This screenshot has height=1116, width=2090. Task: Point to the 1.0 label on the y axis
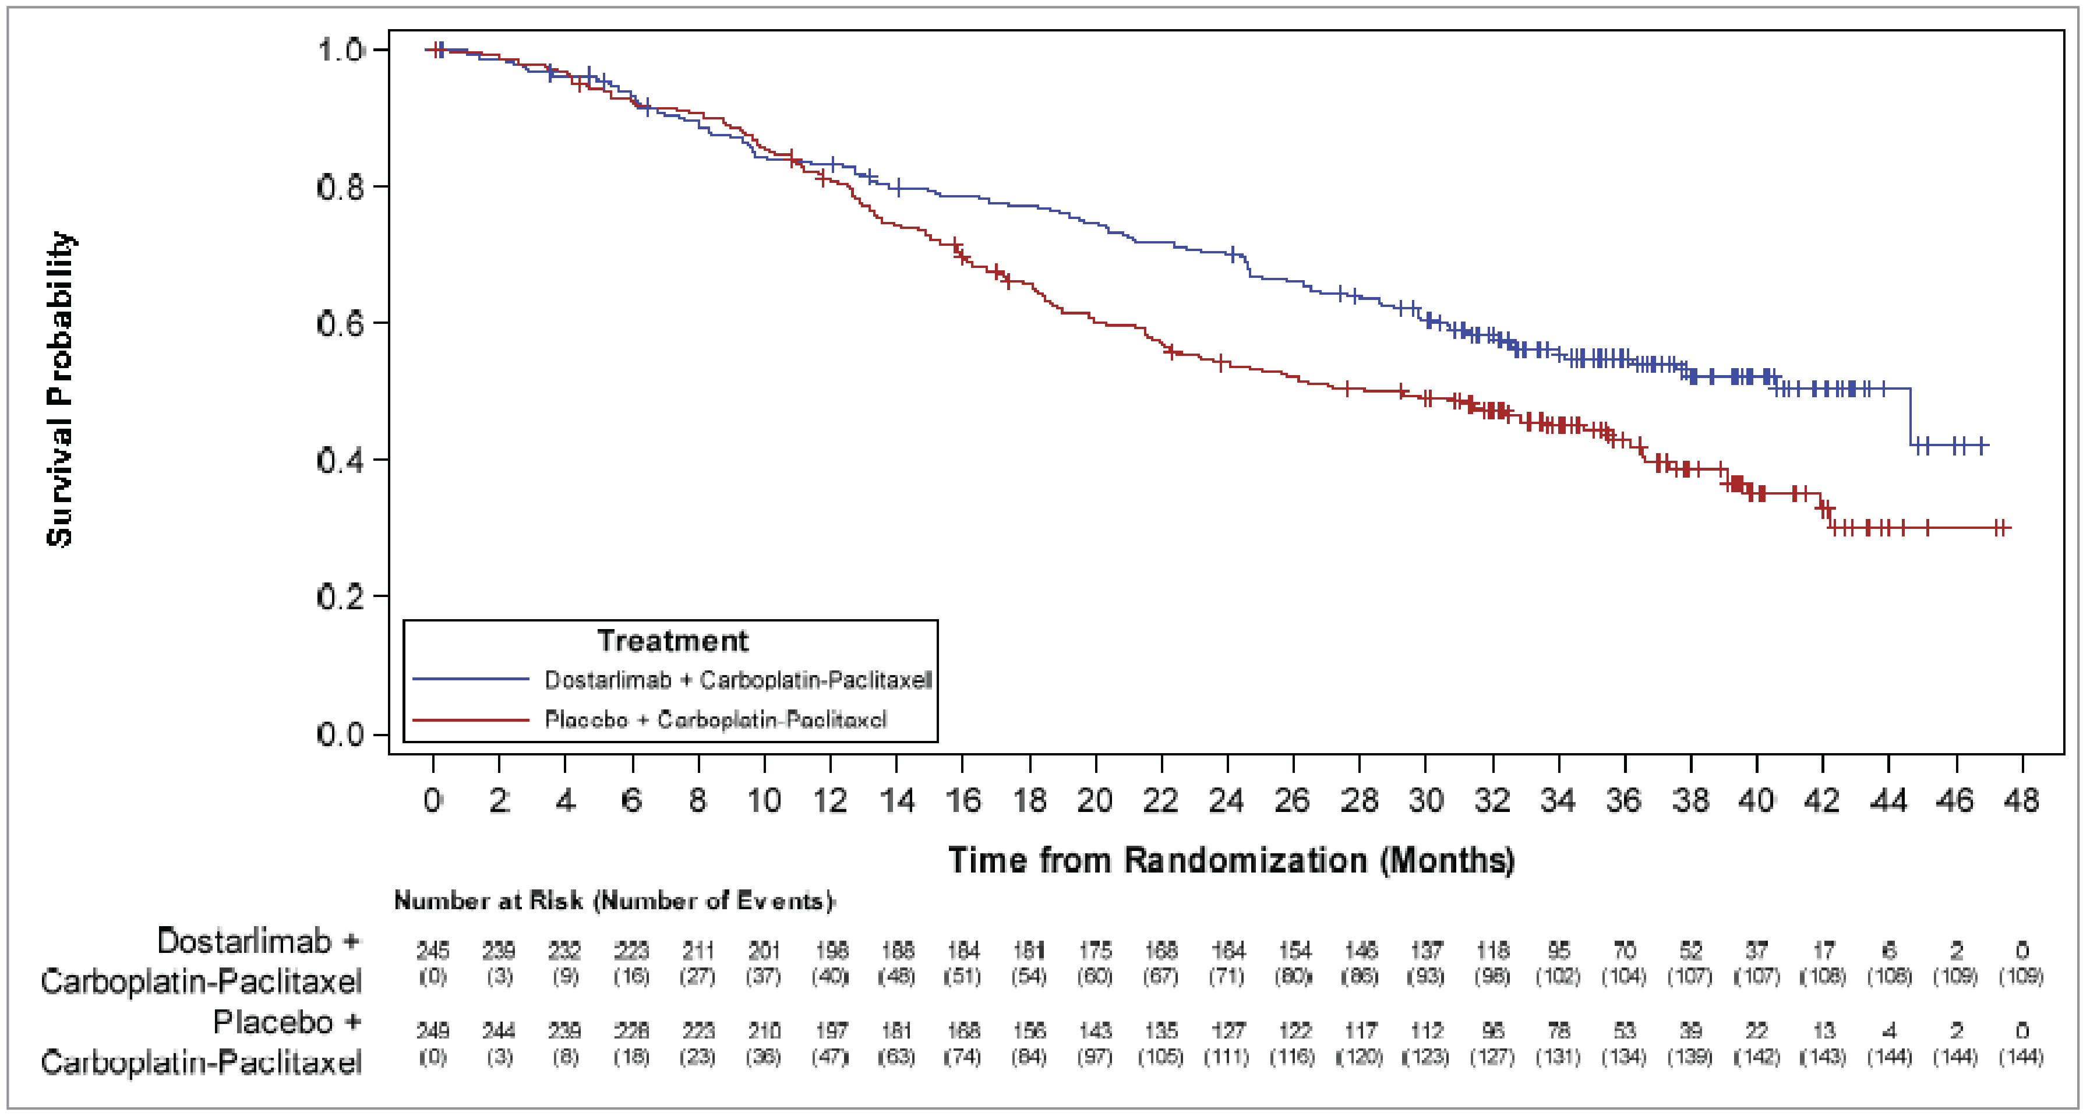point(340,50)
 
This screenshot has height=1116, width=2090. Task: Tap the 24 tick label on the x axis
point(1226,800)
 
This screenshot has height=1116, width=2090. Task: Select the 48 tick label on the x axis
point(2021,800)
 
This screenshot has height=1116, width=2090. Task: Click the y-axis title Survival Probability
point(61,389)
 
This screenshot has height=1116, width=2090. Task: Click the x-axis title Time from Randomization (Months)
point(1231,860)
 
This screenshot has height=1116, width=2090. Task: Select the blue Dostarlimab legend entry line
point(471,679)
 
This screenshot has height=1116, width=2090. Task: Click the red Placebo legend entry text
point(715,719)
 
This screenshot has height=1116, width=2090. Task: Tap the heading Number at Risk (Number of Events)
point(614,900)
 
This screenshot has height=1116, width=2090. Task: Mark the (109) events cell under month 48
point(2021,976)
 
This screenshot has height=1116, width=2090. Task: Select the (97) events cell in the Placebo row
point(1095,1057)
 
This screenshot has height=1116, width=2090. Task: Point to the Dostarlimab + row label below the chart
point(258,941)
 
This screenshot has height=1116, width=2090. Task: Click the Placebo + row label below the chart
point(287,1022)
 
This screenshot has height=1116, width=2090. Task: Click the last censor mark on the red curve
point(2001,528)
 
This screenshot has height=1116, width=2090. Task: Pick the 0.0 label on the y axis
point(340,735)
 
